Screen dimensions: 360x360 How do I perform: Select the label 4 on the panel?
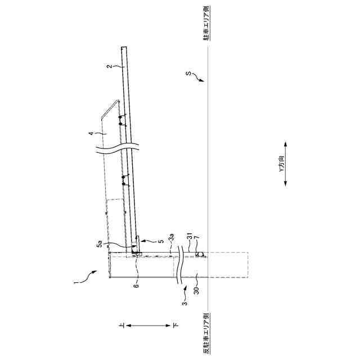[x=90, y=134]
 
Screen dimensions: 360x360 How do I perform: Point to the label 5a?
[x=100, y=244]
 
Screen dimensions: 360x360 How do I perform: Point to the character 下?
[x=174, y=326]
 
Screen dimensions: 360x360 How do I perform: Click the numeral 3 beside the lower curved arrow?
[x=184, y=303]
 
